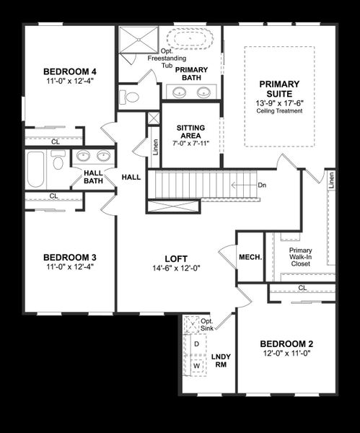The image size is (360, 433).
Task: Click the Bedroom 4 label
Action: pyautogui.click(x=70, y=71)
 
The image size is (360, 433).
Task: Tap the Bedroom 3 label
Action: pyautogui.click(x=70, y=258)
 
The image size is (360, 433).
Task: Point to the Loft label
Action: pyautogui.click(x=176, y=258)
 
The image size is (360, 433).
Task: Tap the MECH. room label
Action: pyautogui.click(x=250, y=258)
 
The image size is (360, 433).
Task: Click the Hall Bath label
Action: pyautogui.click(x=93, y=177)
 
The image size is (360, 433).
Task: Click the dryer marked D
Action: pyautogui.click(x=196, y=344)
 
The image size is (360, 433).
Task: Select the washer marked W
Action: pyautogui.click(x=196, y=366)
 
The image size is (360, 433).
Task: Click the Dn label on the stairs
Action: pyautogui.click(x=261, y=185)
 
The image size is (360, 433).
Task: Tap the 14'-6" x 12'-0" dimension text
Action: pyautogui.click(x=176, y=268)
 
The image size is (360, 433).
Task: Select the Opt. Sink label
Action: pyautogui.click(x=207, y=325)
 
